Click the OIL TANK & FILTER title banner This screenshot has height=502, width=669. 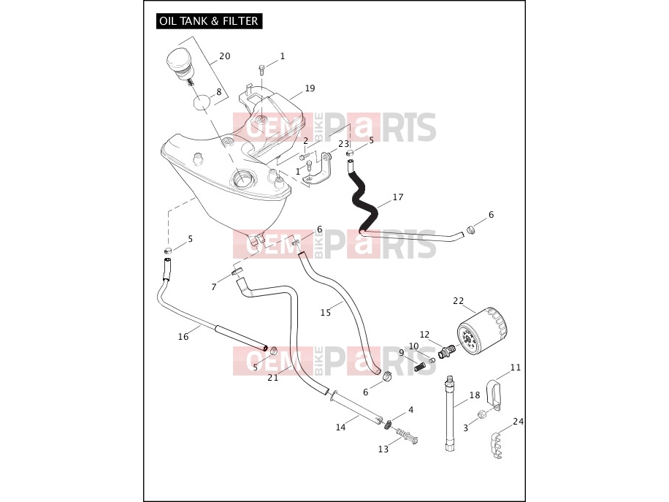[209, 21]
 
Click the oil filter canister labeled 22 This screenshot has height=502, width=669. [483, 331]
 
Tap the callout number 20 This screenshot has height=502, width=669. [225, 56]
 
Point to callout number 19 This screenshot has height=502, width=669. [310, 88]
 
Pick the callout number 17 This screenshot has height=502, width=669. [398, 197]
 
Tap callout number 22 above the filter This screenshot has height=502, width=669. [458, 301]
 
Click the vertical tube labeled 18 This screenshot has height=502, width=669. [449, 413]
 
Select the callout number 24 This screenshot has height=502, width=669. [519, 422]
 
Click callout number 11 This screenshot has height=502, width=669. [516, 368]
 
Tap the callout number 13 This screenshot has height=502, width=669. [383, 449]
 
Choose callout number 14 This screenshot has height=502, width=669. [340, 427]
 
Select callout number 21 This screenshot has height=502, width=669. [273, 378]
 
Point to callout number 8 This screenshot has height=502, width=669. [219, 92]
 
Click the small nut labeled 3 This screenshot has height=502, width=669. [481, 414]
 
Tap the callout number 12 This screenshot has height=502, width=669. [424, 335]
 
